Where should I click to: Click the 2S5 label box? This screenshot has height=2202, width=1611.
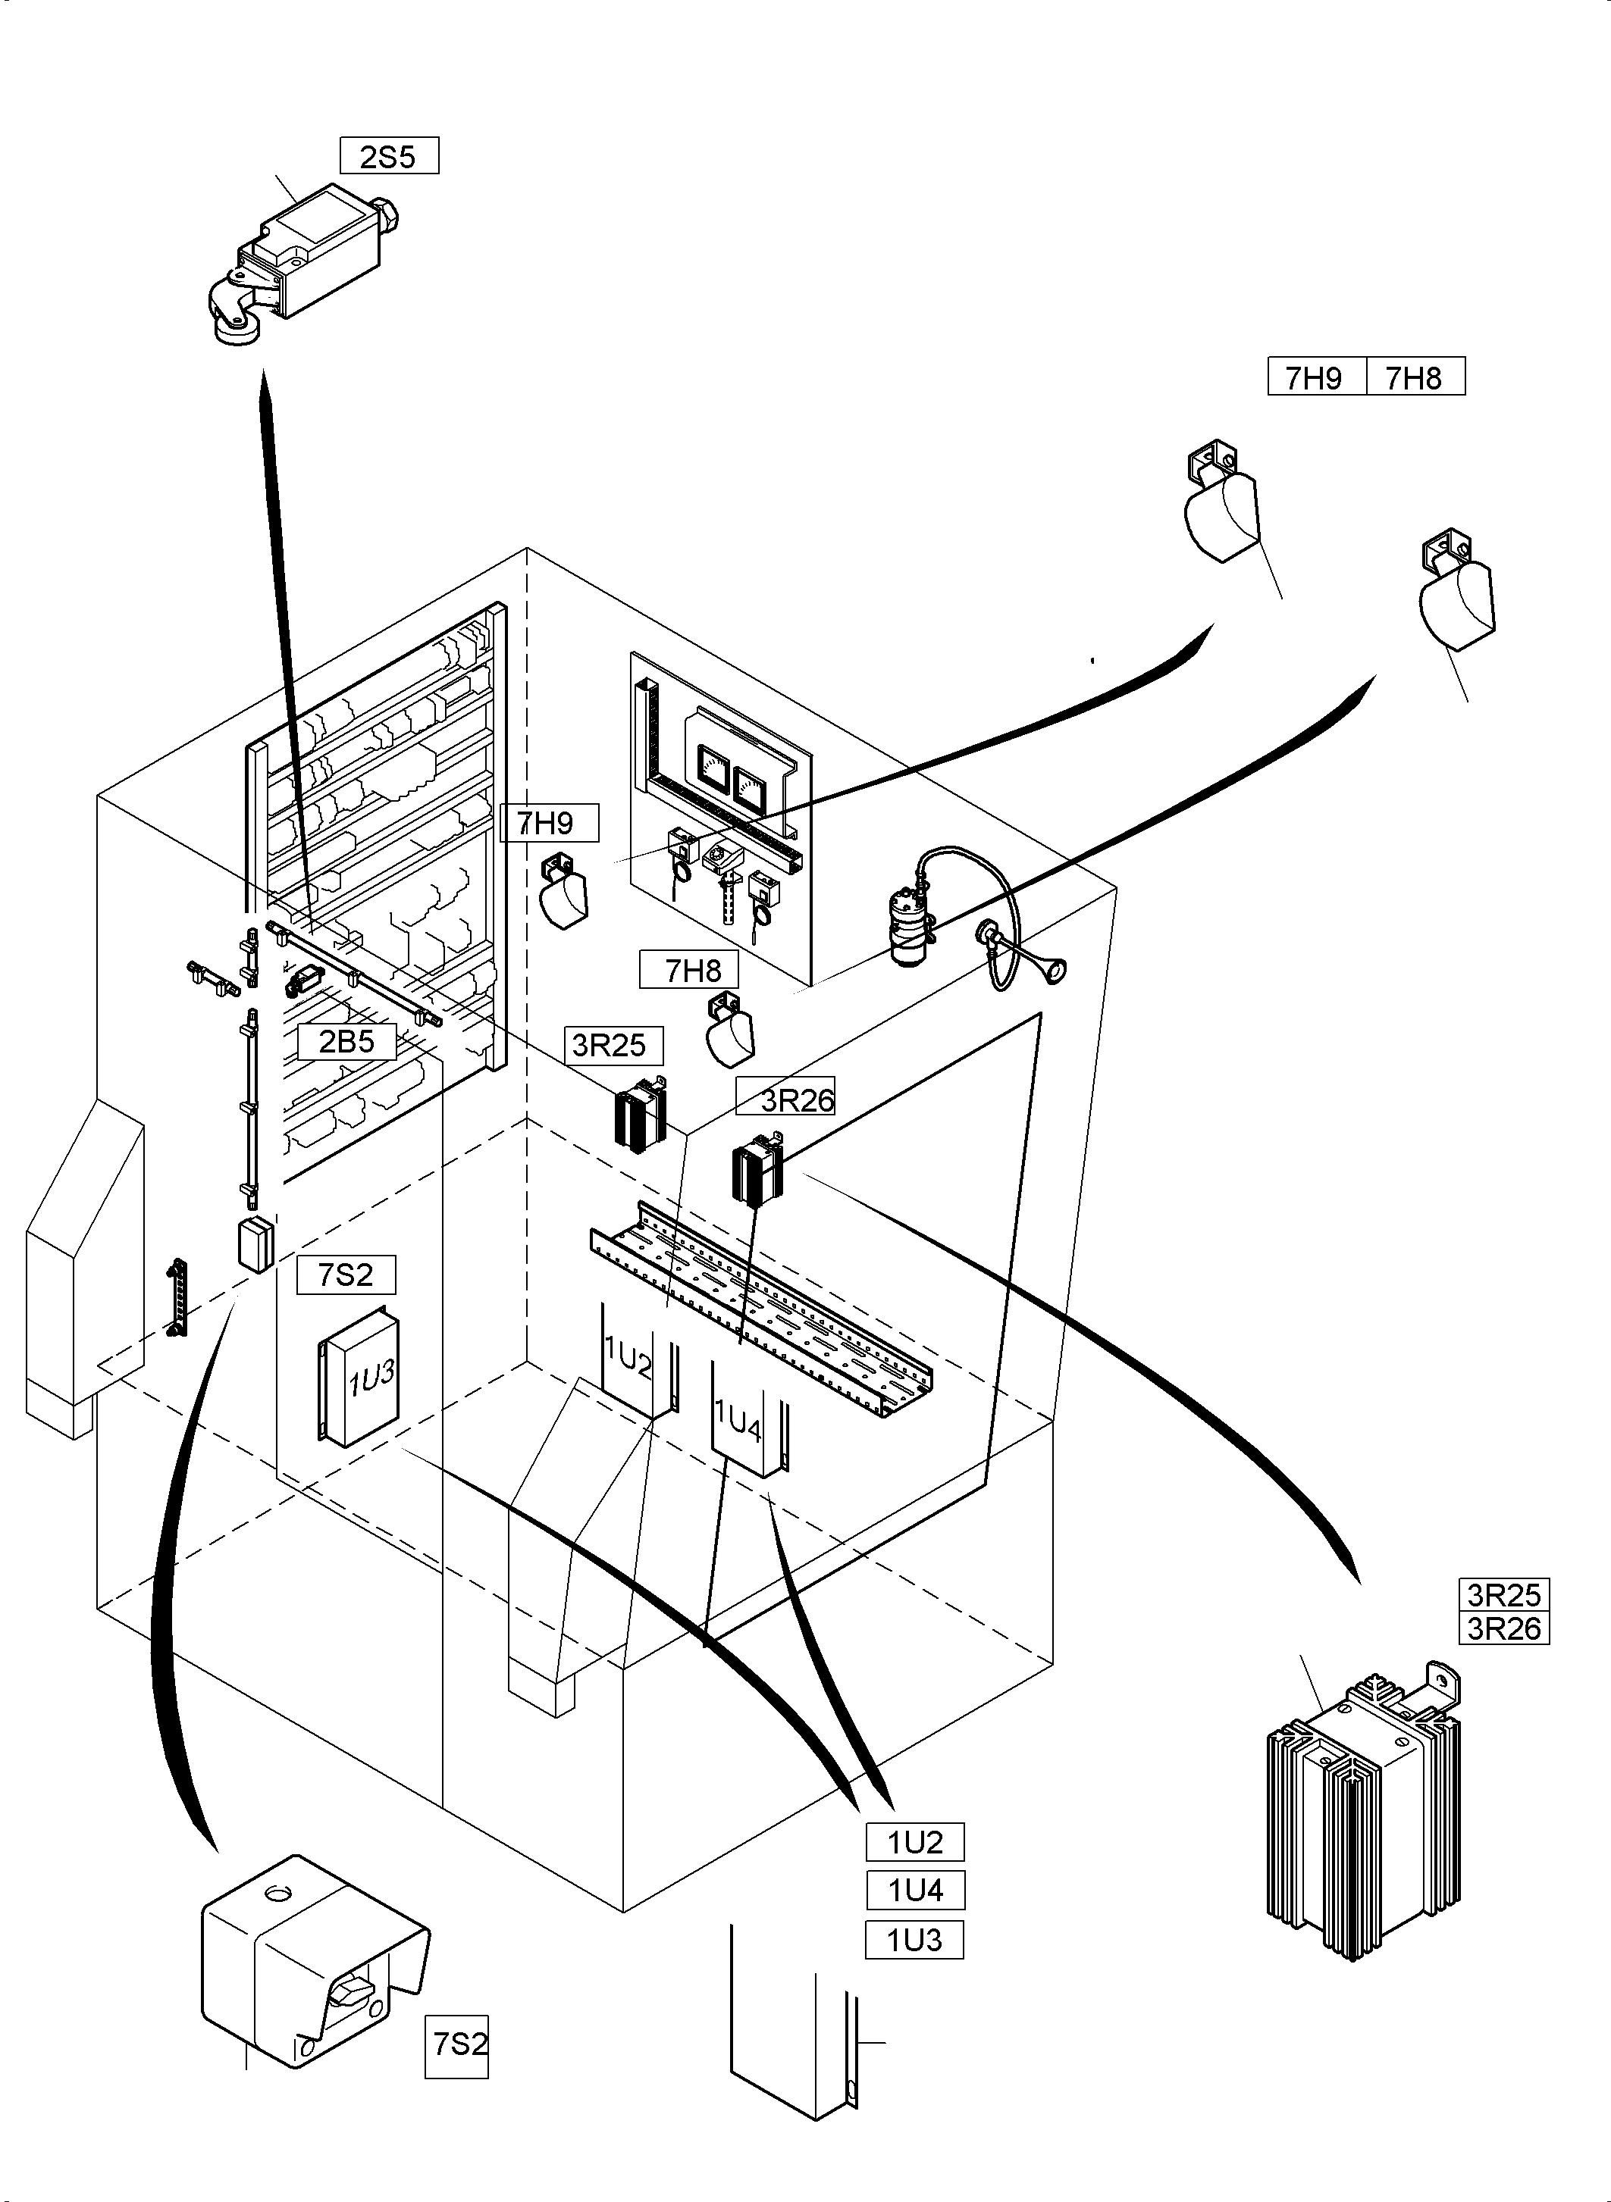point(389,156)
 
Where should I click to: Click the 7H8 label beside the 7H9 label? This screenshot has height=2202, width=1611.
point(1414,377)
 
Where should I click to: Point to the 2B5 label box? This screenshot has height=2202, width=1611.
point(346,1041)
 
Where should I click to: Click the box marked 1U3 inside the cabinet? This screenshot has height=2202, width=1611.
point(361,1375)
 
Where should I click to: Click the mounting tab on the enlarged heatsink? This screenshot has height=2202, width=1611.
point(1443,1686)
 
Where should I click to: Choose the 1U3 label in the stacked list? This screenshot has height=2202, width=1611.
point(915,1940)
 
